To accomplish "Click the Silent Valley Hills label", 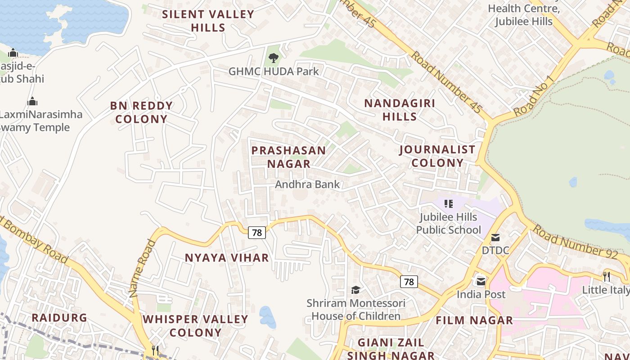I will tap(208, 21).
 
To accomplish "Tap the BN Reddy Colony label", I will tap(141, 112).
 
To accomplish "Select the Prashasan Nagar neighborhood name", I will tap(288, 157).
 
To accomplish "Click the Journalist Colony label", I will tap(437, 156).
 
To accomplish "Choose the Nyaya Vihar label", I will tap(227, 258).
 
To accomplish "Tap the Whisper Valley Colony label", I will tap(195, 326).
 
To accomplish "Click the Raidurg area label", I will tap(59, 318).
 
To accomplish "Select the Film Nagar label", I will tap(474, 320).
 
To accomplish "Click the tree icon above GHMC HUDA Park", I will tap(273, 58).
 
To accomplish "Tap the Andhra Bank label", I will tap(307, 184).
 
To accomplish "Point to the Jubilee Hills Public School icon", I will tap(448, 204).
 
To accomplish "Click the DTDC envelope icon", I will tap(495, 237).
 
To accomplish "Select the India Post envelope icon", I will tap(481, 281).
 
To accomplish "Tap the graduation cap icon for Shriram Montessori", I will tap(355, 290).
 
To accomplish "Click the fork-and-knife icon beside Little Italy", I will tap(607, 276).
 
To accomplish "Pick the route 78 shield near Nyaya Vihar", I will tap(257, 233).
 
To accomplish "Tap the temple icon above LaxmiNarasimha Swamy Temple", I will tap(32, 101).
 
